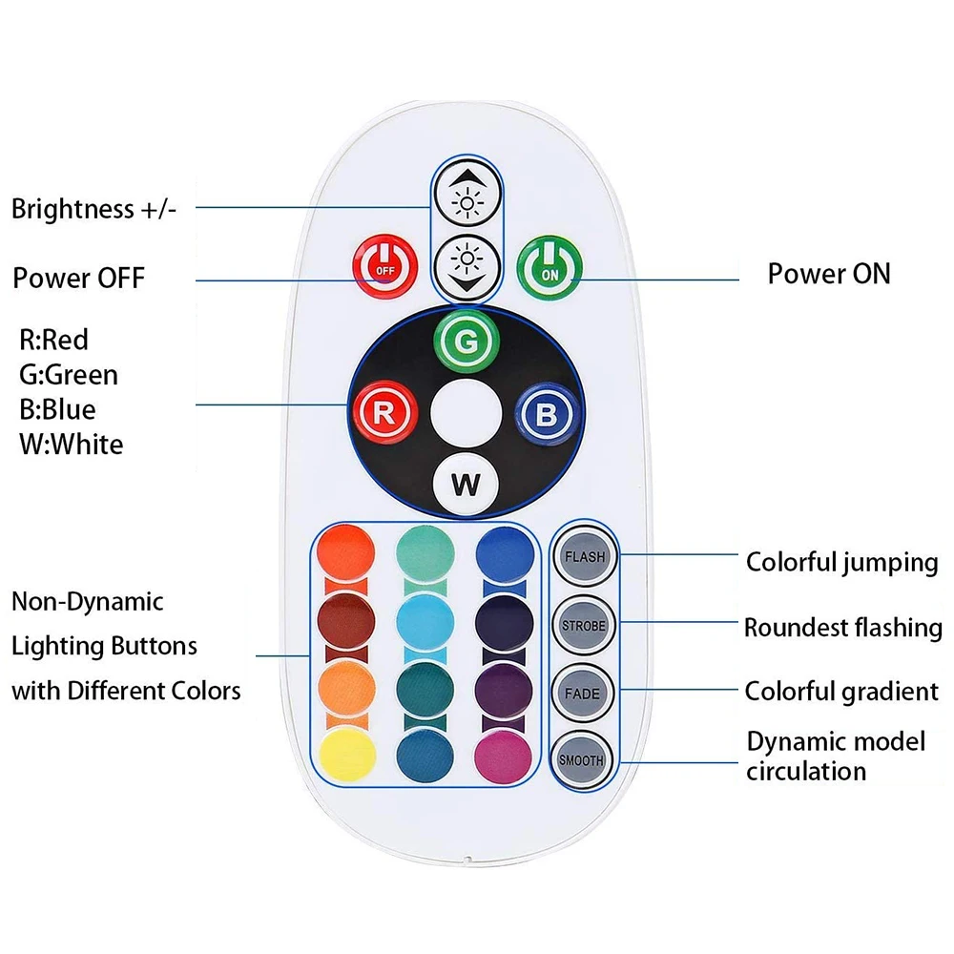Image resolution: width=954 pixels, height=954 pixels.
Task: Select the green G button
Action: tap(466, 341)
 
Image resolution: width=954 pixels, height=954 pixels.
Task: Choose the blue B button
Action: tap(546, 414)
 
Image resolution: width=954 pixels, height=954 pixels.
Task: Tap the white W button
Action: tap(466, 484)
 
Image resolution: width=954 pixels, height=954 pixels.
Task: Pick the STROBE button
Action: tap(582, 625)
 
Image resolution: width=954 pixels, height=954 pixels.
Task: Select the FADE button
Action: tap(582, 694)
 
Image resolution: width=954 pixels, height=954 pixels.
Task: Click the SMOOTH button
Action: tap(582, 760)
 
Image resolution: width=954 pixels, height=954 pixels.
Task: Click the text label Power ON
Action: tap(829, 274)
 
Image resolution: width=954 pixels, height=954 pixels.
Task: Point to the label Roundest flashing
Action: tap(843, 628)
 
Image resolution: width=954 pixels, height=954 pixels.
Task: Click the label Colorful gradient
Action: tap(842, 691)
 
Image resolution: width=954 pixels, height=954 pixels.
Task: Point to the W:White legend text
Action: tap(72, 445)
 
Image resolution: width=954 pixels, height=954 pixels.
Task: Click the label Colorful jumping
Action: tap(842, 562)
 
